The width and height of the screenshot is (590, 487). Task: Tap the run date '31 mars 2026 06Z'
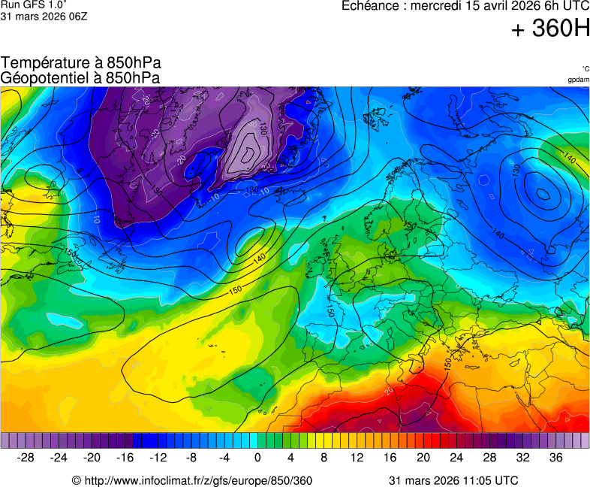coord(44,16)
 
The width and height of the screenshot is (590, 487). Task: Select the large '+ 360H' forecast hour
coord(550,29)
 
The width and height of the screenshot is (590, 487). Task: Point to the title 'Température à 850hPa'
coord(81,63)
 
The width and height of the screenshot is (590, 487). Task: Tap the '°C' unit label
coord(585,68)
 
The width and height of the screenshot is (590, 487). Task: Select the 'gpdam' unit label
coord(578,79)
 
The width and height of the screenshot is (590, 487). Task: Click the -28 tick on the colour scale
coord(26,457)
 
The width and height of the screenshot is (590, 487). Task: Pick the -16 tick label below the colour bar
coord(125,457)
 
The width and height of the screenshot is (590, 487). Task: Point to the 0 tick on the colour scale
coord(257,457)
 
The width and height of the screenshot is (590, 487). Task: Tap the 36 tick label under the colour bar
coord(555,457)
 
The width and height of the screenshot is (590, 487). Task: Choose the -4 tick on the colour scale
coord(224,457)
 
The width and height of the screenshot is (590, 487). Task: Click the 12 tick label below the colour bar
coord(357,457)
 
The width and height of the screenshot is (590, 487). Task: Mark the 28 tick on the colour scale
coord(489,457)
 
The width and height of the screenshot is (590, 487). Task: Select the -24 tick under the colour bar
coord(59,457)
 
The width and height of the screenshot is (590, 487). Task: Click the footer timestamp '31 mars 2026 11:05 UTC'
coord(453,480)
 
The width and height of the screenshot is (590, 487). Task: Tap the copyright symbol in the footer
coord(77,480)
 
